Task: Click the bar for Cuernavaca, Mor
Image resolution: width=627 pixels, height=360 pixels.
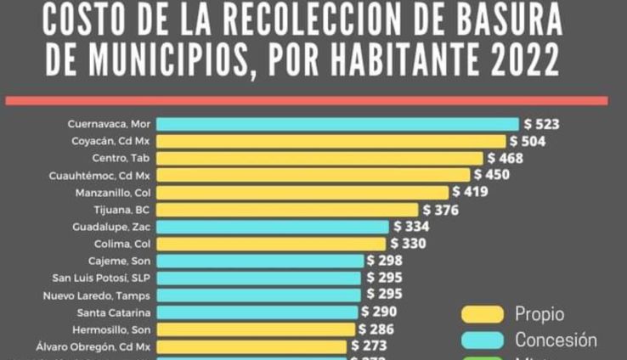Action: pyautogui.click(x=337, y=124)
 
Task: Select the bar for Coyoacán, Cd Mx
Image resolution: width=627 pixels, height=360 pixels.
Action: pyautogui.click(x=330, y=141)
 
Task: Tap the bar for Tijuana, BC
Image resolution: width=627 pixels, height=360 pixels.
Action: pyautogui.click(x=287, y=210)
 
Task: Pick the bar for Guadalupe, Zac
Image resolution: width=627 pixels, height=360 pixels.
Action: pyautogui.click(x=273, y=227)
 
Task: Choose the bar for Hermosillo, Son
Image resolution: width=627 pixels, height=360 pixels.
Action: pyautogui.click(x=256, y=329)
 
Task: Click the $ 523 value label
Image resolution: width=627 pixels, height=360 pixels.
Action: pyautogui.click(x=542, y=124)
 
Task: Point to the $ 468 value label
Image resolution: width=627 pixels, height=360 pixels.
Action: pyautogui.click(x=506, y=158)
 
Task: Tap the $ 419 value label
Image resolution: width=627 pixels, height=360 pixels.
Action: pyautogui.click(x=469, y=193)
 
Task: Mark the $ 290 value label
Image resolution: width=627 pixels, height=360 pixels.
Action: pyautogui.click(x=379, y=312)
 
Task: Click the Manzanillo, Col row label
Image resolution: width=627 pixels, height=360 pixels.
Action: pyautogui.click(x=113, y=193)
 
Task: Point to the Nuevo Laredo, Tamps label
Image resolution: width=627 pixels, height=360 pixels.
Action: pyautogui.click(x=97, y=295)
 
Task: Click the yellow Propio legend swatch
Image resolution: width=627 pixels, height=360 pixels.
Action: pyautogui.click(x=482, y=314)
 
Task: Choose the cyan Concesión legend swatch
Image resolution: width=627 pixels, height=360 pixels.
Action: pyautogui.click(x=482, y=340)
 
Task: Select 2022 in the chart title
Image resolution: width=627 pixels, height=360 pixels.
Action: pyautogui.click(x=517, y=61)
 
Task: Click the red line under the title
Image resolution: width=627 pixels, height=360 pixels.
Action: pyautogui.click(x=307, y=100)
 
